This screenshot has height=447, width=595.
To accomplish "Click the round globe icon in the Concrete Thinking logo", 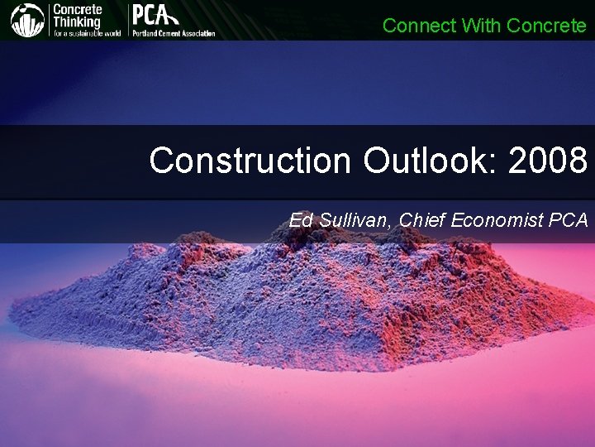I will [x=27, y=20].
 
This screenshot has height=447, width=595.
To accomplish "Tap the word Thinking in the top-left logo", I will [x=77, y=22].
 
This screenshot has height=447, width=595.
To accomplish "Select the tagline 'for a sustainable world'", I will [x=87, y=33].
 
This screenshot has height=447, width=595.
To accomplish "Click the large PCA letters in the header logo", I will [x=154, y=16].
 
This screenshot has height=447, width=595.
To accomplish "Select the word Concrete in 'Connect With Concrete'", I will [x=546, y=26].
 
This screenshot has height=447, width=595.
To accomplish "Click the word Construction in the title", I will [x=250, y=161].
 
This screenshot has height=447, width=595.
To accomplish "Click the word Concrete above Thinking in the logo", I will [x=77, y=9].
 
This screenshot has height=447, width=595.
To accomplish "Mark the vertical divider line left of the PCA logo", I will [x=127, y=20].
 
